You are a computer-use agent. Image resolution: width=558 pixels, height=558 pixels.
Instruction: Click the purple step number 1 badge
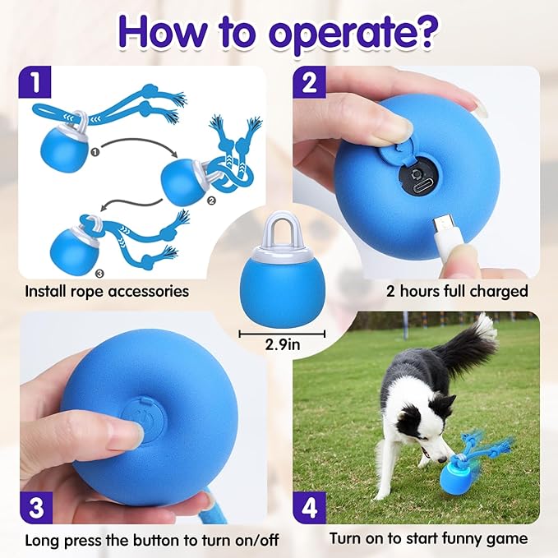tap(35, 82)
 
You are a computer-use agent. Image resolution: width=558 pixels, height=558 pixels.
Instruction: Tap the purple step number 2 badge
tap(309, 82)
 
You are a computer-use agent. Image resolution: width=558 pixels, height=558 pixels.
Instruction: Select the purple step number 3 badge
tap(36, 508)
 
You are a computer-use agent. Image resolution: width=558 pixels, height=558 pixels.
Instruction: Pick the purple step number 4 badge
tap(309, 508)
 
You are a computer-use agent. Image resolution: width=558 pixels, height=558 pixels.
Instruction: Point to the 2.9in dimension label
tap(283, 344)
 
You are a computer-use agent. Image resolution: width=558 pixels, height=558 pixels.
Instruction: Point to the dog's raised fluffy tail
tap(469, 342)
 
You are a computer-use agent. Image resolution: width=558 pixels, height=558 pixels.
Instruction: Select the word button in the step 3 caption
tap(157, 541)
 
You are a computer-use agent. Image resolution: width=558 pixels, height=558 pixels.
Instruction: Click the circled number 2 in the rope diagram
tap(211, 201)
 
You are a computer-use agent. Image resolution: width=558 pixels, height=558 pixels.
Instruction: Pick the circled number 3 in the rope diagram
tap(100, 274)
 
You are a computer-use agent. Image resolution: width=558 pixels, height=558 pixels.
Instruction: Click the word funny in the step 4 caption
tap(463, 539)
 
